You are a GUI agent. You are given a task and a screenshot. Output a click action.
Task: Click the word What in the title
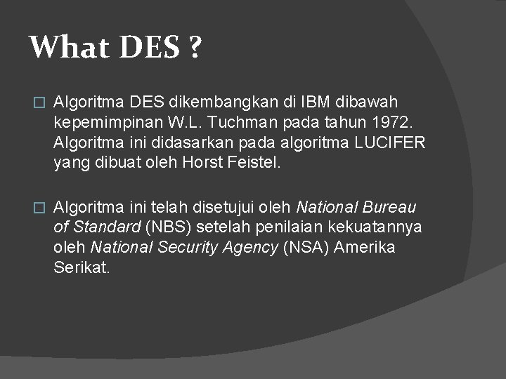[x=64, y=48]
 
